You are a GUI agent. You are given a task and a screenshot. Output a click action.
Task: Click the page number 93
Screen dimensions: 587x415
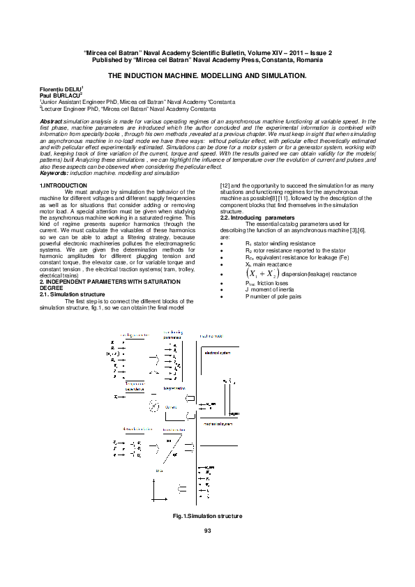207,532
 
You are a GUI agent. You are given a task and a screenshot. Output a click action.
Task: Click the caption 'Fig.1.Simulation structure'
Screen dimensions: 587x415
207,515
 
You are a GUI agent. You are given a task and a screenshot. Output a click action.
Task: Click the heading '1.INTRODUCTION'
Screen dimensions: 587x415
63,185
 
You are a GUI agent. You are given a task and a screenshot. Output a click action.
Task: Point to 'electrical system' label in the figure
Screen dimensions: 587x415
216,353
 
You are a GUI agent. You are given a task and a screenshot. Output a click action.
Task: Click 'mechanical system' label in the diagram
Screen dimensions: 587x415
218,423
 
